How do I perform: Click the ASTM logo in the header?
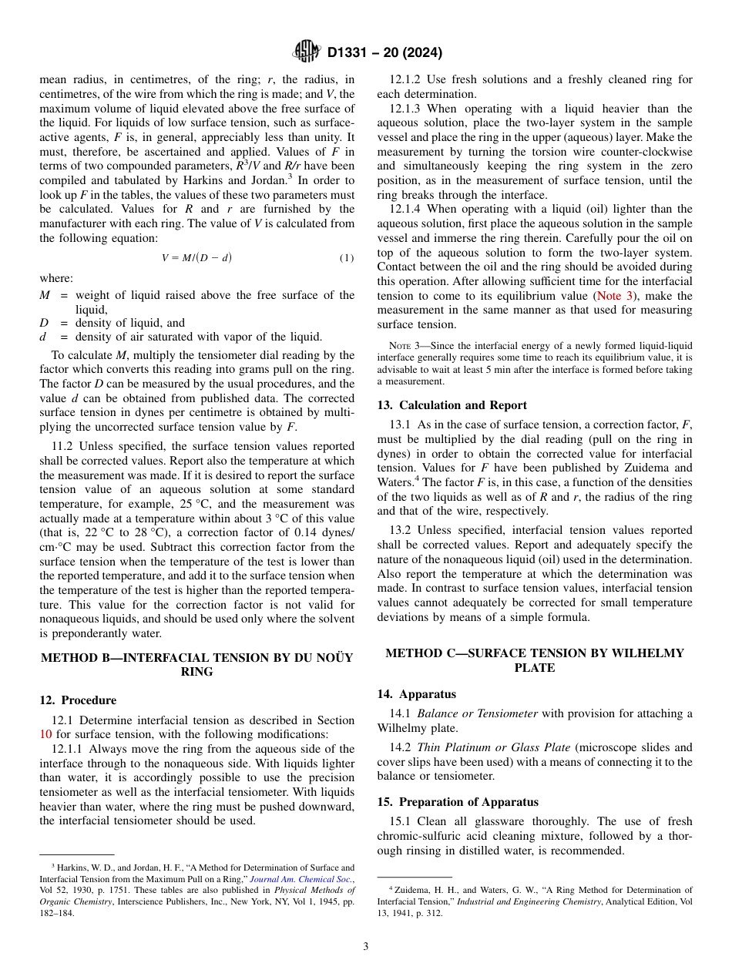point(306,52)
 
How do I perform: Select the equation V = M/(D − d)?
point(196,258)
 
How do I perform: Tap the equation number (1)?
point(347,258)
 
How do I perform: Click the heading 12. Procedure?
point(78,700)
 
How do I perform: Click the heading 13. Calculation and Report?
point(452,405)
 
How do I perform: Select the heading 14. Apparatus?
point(417,694)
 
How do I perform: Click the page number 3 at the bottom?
point(366,946)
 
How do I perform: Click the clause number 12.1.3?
point(409,109)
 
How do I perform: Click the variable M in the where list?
point(44,295)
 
